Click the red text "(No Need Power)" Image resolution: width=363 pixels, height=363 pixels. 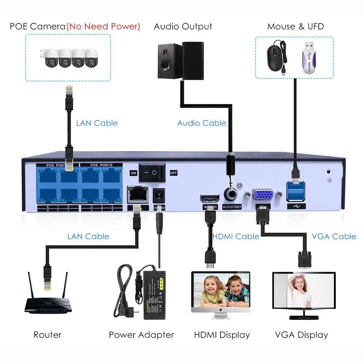pos(103,26)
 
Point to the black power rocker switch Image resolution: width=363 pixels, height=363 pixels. pos(152,173)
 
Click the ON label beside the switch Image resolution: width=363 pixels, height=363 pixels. pos(133,173)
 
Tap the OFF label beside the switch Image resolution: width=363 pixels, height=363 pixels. pos(173,173)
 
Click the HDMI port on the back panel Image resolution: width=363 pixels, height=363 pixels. pos(209,198)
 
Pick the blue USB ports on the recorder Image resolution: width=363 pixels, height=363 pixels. pos(296,191)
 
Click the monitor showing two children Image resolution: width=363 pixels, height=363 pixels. pos(220,292)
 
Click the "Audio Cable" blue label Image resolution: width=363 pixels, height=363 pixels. pos(202,123)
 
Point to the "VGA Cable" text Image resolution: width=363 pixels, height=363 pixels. pos(334,236)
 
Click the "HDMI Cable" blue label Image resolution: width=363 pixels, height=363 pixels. pos(236,236)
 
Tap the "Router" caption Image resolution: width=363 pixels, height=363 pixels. pos(47,335)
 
